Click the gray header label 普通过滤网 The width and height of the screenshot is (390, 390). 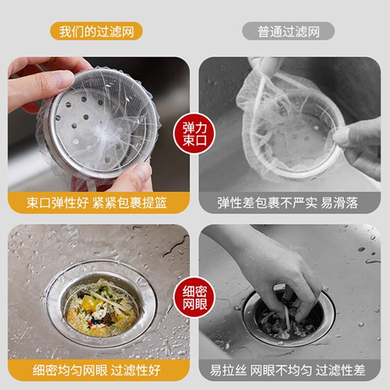point(289,32)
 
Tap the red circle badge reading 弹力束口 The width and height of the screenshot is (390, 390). point(195,133)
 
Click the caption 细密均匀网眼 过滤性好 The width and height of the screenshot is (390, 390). point(97,370)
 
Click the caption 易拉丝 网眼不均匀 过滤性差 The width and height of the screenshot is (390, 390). point(288,370)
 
